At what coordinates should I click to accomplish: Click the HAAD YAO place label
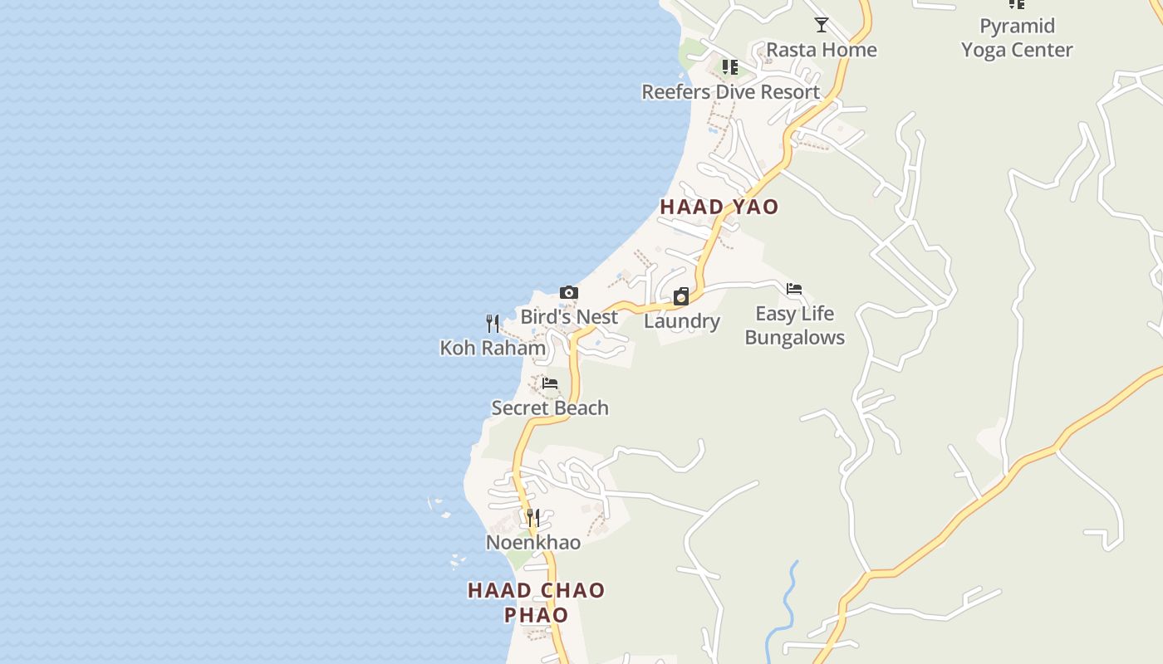(719, 207)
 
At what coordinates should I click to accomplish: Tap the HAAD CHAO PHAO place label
(536, 603)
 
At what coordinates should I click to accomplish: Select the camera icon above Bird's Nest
(569, 292)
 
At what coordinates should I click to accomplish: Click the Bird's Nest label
(569, 317)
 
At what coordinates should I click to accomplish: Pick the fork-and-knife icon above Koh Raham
(493, 323)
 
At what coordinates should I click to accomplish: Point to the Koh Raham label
(493, 348)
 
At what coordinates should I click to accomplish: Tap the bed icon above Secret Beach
(550, 383)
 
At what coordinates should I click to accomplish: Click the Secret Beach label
(550, 408)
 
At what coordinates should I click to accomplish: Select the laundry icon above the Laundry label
(681, 296)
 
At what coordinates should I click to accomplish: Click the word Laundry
(681, 321)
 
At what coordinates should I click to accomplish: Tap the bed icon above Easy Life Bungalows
(794, 289)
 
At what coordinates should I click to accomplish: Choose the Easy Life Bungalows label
(794, 325)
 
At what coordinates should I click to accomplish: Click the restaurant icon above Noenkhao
(533, 517)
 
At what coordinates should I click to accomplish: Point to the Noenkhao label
(533, 543)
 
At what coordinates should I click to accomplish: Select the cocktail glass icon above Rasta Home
(822, 25)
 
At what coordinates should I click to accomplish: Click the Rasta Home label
(821, 50)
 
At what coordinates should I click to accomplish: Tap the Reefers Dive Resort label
(730, 91)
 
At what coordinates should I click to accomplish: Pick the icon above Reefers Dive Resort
(730, 66)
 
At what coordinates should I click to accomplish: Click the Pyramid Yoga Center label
(1017, 37)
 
